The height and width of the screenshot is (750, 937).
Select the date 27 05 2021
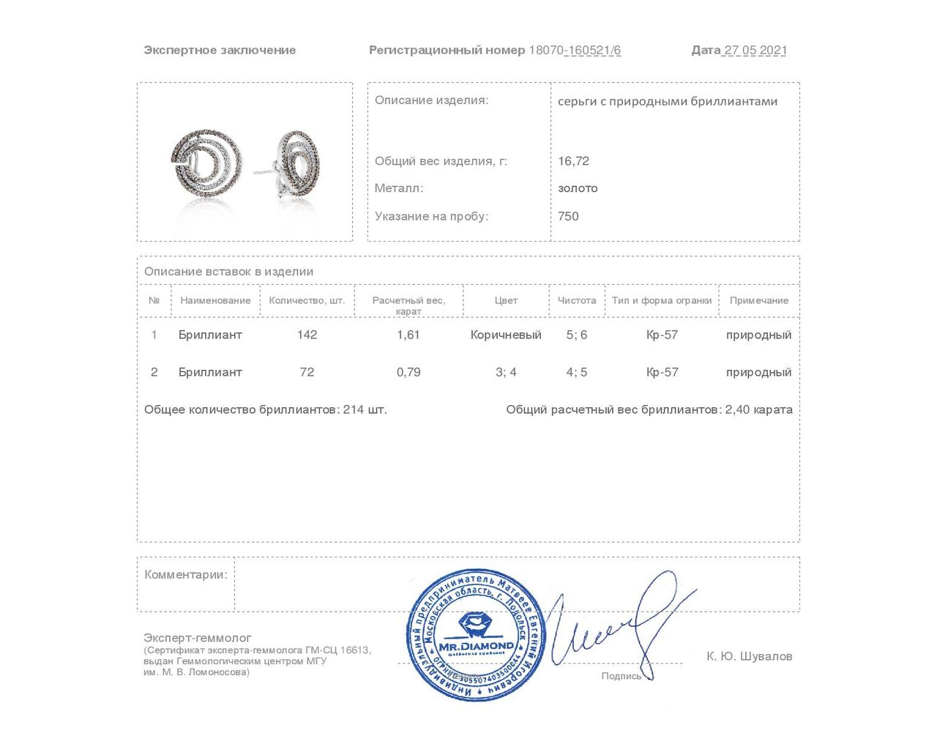[x=755, y=51]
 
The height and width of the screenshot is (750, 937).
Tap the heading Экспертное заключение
[x=220, y=51]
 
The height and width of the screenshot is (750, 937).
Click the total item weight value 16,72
[x=573, y=161]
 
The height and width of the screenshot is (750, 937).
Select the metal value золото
[x=578, y=188]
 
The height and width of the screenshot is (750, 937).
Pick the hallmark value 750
[x=568, y=216]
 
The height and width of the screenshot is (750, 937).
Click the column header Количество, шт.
[x=307, y=300]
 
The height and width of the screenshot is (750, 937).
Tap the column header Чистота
[x=577, y=300]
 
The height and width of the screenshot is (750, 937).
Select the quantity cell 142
[x=307, y=335]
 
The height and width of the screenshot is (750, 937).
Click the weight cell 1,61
[x=408, y=335]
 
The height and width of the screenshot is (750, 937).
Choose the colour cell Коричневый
[x=506, y=335]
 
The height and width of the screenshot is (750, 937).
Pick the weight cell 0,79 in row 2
[x=408, y=372]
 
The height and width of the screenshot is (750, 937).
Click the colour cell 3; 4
[x=506, y=372]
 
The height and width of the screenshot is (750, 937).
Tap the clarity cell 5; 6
[x=577, y=335]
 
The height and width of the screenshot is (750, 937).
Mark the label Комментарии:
[x=186, y=575]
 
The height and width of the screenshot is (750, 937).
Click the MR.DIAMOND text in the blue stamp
[x=476, y=647]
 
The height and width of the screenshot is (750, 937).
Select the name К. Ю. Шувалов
[x=749, y=656]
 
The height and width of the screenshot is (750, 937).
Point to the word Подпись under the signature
[x=621, y=676]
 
